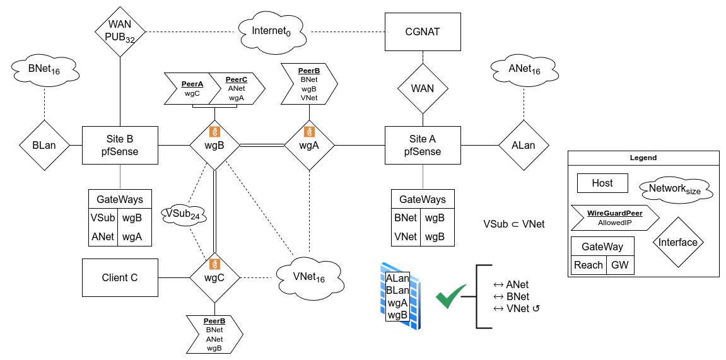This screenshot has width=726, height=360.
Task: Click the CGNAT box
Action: pyautogui.click(x=422, y=31)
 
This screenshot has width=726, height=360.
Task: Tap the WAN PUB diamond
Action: pyautogui.click(x=120, y=31)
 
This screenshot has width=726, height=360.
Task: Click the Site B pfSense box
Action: pyautogui.click(x=120, y=145)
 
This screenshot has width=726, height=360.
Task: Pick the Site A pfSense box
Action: pyautogui.click(x=422, y=145)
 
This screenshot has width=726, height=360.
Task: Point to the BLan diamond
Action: pyautogui.click(x=44, y=145)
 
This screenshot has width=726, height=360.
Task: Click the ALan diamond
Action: pyautogui.click(x=523, y=145)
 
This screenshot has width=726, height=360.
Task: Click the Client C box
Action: pyautogui.click(x=120, y=277)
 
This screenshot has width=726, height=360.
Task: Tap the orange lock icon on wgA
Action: pyautogui.click(x=309, y=132)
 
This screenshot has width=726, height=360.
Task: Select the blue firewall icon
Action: pyautogui.click(x=397, y=295)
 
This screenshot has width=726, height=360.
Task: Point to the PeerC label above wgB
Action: pyautogui.click(x=237, y=80)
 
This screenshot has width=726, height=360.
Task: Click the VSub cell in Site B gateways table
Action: pyautogui.click(x=102, y=219)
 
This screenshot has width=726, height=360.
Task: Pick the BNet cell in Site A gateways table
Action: pyautogui.click(x=405, y=219)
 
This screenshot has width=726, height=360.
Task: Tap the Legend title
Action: pyautogui.click(x=643, y=158)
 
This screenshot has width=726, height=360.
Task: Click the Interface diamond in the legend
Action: pyautogui.click(x=678, y=242)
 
